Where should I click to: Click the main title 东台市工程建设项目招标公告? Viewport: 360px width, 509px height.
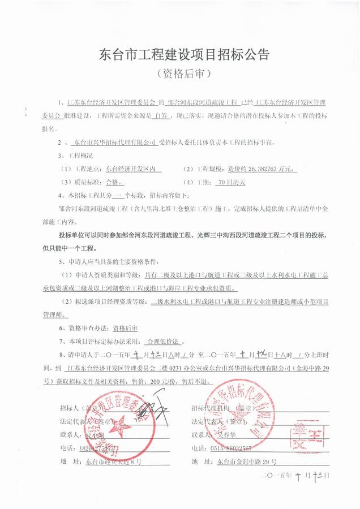[x=181, y=55]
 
